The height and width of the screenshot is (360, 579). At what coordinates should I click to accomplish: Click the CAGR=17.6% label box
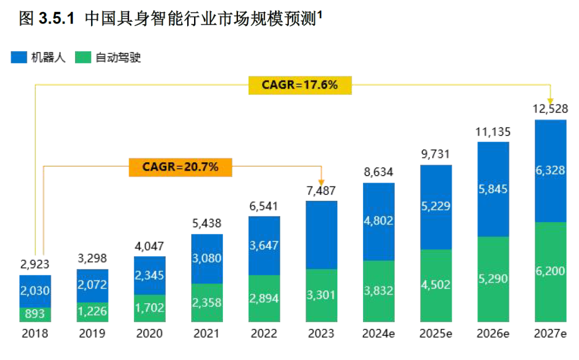pyautogui.click(x=300, y=85)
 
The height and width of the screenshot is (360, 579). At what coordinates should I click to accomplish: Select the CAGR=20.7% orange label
pyautogui.click(x=180, y=167)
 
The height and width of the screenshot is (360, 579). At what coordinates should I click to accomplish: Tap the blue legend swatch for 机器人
pyautogui.click(x=19, y=57)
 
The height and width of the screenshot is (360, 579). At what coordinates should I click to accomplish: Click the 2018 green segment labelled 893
pyautogui.click(x=35, y=314)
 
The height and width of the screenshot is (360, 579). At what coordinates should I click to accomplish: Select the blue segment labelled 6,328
pyautogui.click(x=551, y=170)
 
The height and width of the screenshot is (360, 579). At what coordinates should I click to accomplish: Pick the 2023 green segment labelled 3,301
pyautogui.click(x=321, y=295)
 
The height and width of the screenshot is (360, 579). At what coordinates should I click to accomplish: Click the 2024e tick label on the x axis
pyautogui.click(x=378, y=334)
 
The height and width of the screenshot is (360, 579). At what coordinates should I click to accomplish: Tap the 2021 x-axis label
pyautogui.click(x=206, y=334)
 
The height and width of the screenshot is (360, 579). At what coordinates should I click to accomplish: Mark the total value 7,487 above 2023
pyautogui.click(x=321, y=191)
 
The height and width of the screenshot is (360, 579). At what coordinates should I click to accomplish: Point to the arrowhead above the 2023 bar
pyautogui.click(x=321, y=181)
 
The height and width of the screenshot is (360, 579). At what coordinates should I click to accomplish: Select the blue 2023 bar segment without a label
pyautogui.click(x=321, y=235)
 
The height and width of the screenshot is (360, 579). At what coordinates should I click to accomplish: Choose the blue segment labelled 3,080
pyautogui.click(x=206, y=259)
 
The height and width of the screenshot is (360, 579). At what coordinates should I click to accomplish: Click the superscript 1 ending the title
pyautogui.click(x=320, y=15)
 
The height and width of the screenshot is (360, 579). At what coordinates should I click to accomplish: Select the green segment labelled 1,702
pyautogui.click(x=150, y=308)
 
